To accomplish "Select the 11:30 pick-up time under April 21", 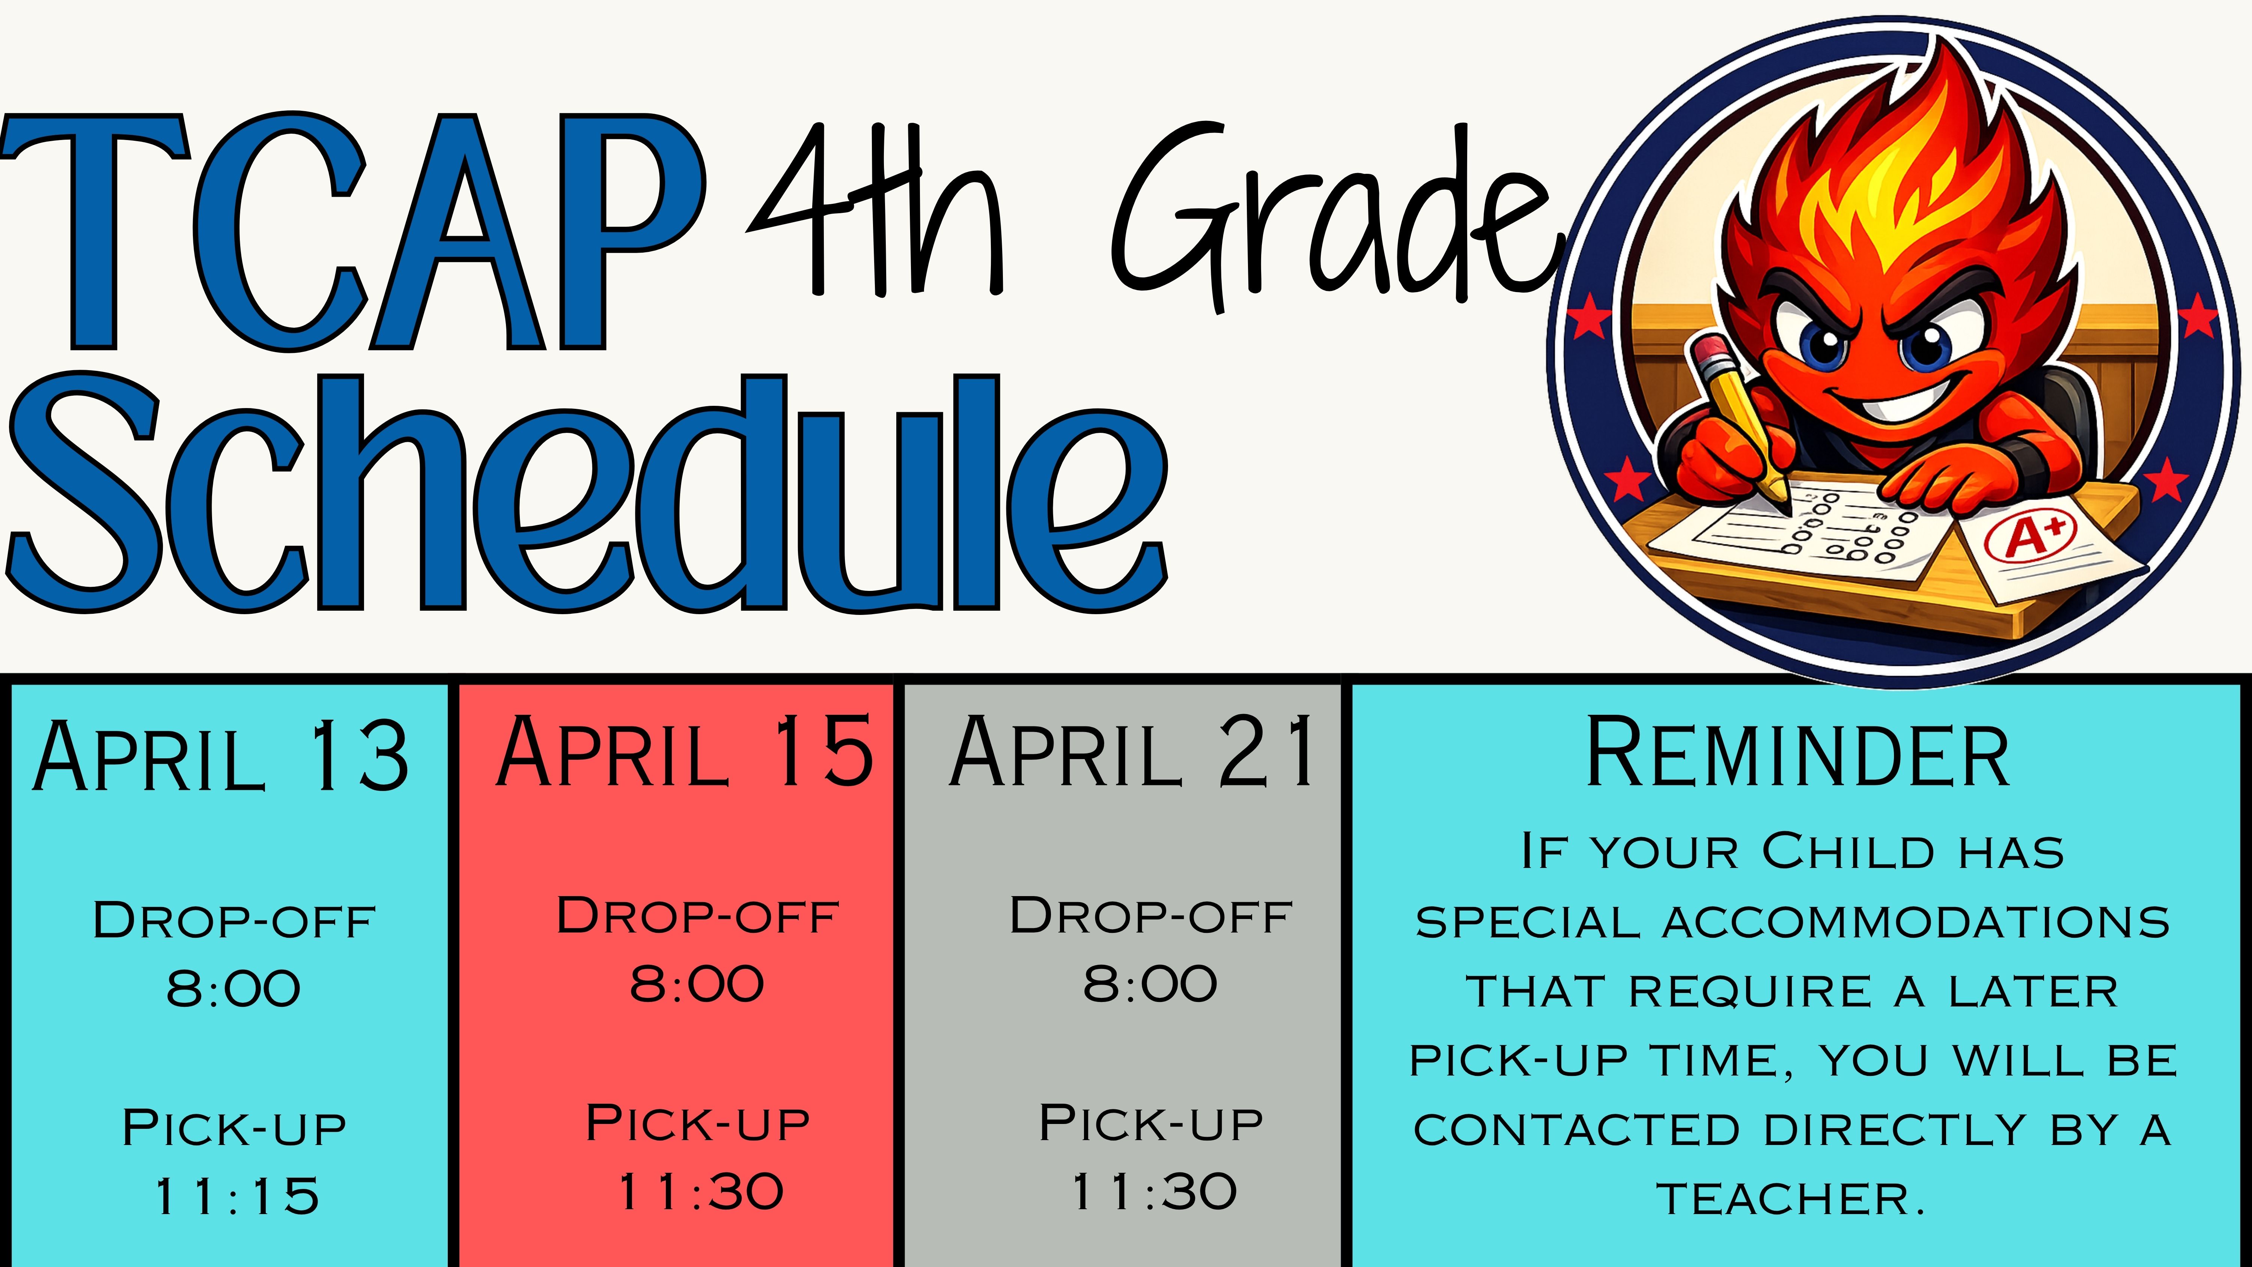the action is tap(1154, 1192).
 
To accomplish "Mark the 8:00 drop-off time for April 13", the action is tap(233, 989).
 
